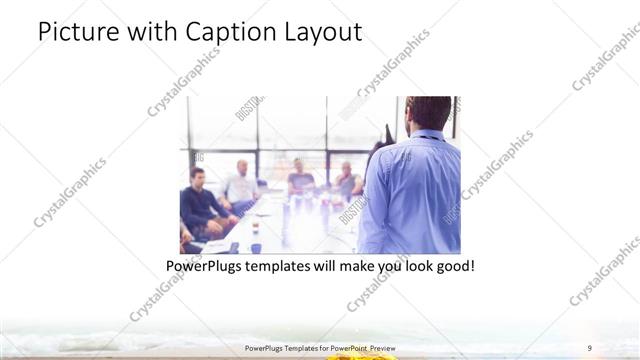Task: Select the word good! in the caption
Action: point(450,267)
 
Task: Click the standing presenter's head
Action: point(429,112)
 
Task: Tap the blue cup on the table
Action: point(256,247)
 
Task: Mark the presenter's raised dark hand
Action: point(388,134)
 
